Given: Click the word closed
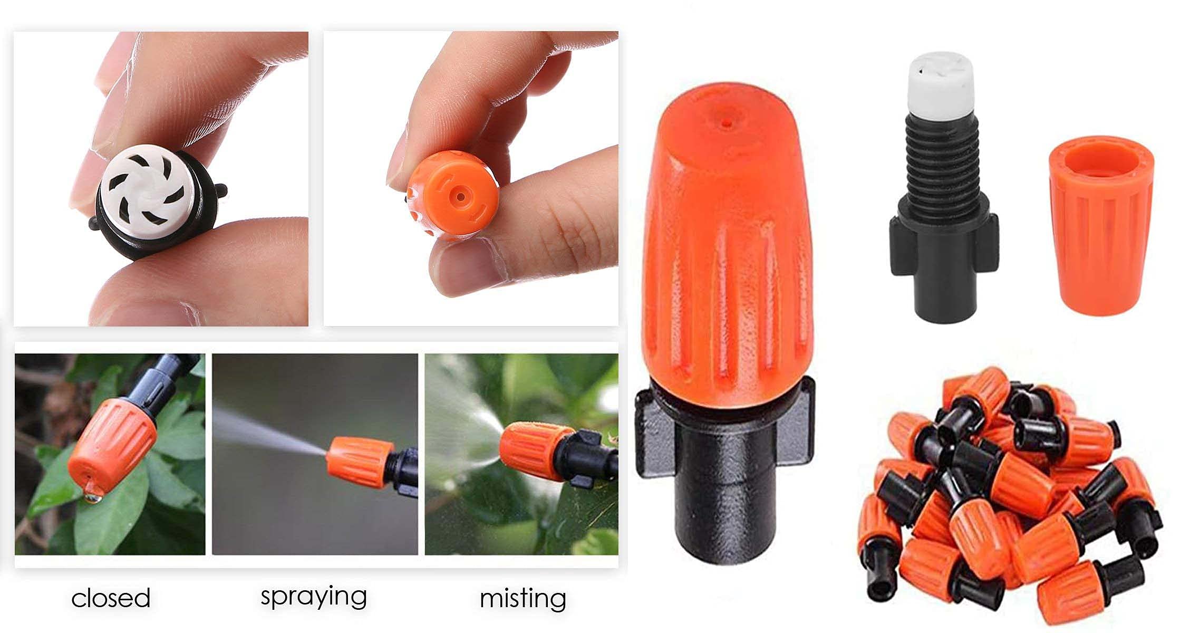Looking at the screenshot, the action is tap(111, 598).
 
